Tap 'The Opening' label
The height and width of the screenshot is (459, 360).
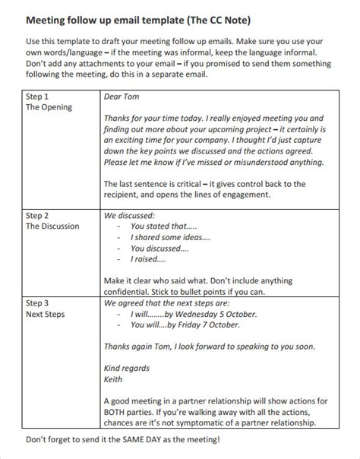pos(49,108)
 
